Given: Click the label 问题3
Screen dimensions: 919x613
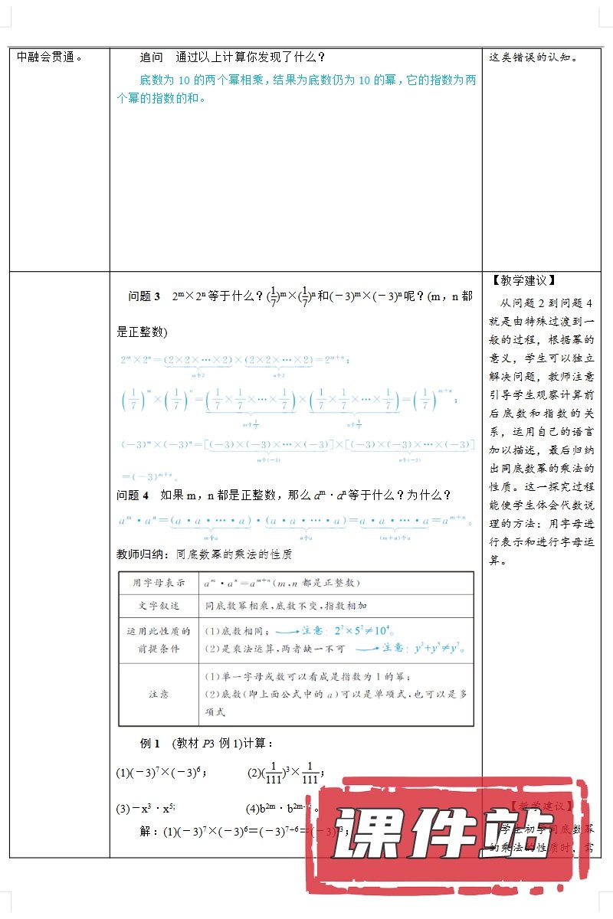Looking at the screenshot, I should [144, 296].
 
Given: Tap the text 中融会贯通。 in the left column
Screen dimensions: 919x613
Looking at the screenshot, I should [50, 57].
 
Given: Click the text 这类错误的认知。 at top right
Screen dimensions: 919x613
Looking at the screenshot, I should [533, 57].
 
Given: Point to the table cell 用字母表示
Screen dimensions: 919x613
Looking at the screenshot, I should [159, 583].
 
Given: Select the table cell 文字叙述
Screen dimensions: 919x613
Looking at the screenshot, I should [159, 605].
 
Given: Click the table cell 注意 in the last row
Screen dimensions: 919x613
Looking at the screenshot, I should [159, 694].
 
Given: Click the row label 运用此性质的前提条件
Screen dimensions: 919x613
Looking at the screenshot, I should [159, 639].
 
